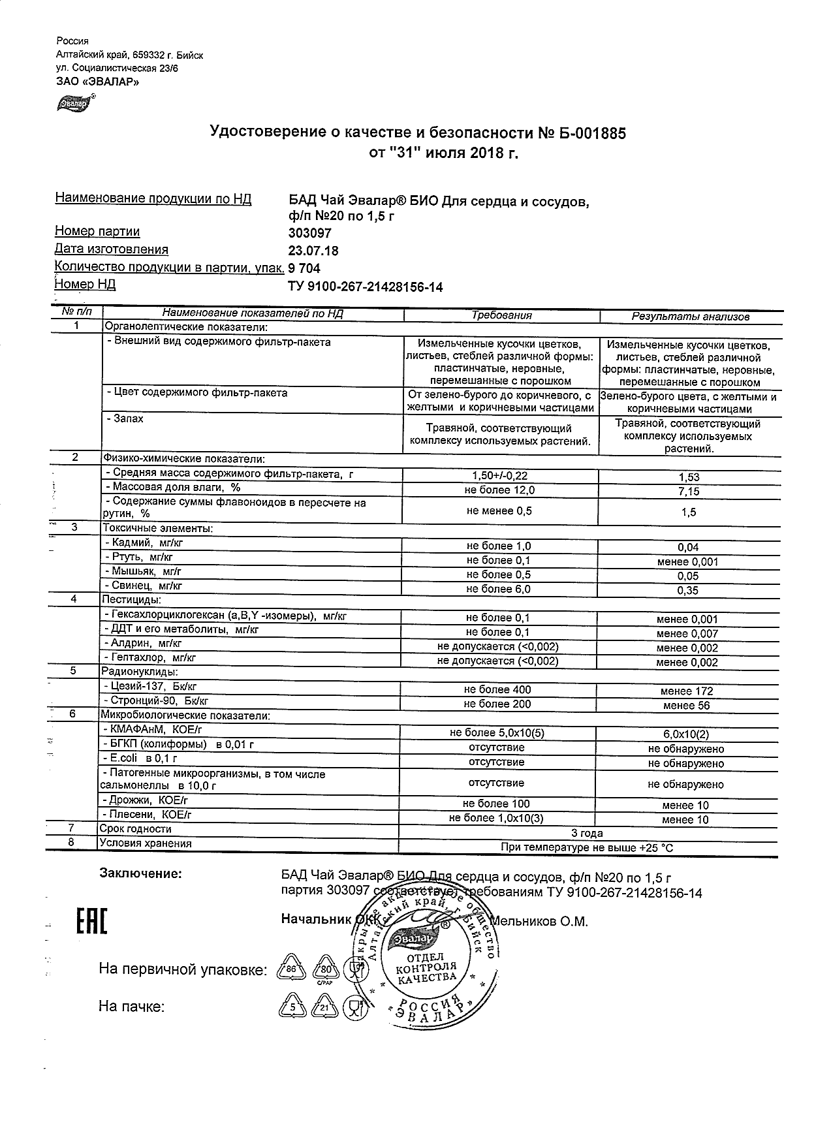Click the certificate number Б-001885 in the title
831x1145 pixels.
(589, 134)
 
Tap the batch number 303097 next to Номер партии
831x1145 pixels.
(309, 233)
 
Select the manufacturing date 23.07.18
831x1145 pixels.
(313, 251)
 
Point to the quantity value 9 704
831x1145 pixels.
(304, 268)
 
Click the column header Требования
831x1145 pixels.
(501, 315)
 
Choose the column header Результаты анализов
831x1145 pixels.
(690, 317)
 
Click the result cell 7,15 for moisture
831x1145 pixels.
(689, 491)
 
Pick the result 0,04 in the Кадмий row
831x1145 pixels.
(688, 548)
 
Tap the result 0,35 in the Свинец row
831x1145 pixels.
(688, 591)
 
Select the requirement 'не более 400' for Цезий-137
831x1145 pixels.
(497, 690)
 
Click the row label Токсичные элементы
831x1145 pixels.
(157, 528)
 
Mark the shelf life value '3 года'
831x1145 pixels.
(587, 834)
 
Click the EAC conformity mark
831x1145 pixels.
(91, 922)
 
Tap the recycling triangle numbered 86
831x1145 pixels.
(291, 969)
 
